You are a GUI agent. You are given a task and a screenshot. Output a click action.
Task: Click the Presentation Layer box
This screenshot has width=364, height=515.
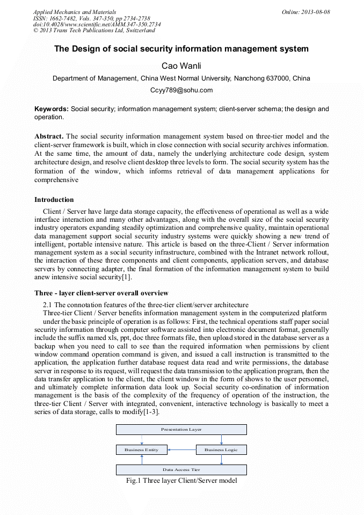pyautogui.click(x=181, y=430)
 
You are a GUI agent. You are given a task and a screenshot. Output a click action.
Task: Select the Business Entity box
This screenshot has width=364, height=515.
pyautogui.click(x=142, y=449)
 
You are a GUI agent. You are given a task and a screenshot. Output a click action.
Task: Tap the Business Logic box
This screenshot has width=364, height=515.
pyautogui.click(x=221, y=449)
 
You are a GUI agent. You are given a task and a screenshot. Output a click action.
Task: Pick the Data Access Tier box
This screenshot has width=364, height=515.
pyautogui.click(x=181, y=469)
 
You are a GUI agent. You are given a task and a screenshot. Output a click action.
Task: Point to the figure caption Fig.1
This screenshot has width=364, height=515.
pyautogui.click(x=181, y=481)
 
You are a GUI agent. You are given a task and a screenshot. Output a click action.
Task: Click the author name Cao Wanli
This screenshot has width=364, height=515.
pyautogui.click(x=181, y=66)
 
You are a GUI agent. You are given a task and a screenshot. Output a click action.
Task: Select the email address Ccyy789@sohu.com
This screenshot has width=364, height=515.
pyautogui.click(x=181, y=90)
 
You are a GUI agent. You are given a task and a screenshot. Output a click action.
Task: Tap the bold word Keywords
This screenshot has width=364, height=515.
pyautogui.click(x=52, y=109)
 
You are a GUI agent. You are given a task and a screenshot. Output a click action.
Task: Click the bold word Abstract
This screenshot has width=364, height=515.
pyautogui.click(x=49, y=136)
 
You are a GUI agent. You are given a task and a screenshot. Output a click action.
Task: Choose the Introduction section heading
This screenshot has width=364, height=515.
pyautogui.click(x=54, y=200)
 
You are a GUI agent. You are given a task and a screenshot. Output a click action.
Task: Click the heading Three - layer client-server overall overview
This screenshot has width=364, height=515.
pyautogui.click(x=101, y=293)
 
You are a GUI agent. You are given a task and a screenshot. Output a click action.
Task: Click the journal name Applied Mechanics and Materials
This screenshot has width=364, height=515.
pyautogui.click(x=75, y=12)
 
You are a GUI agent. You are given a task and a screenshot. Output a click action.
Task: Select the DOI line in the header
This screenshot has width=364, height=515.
pyautogui.click(x=97, y=24)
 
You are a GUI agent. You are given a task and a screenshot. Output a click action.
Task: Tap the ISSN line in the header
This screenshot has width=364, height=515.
pyautogui.click(x=92, y=18)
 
